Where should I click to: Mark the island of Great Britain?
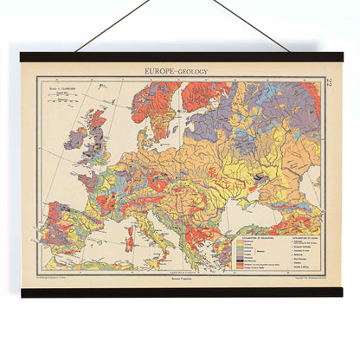[x=96, y=143]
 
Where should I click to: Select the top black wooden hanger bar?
[x=180, y=57]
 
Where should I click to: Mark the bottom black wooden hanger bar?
[x=180, y=292]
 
